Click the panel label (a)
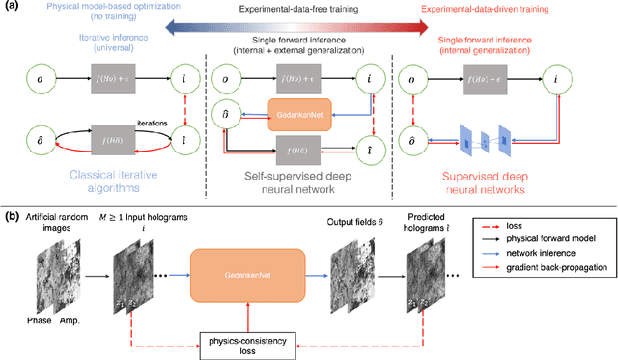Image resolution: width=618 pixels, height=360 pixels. coord(12,8)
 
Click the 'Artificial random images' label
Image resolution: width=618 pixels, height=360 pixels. coord(54,220)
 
